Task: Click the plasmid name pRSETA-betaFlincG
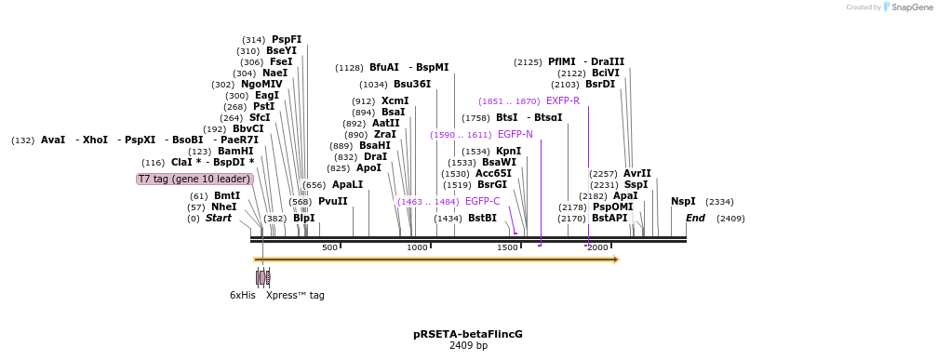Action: click(x=468, y=333)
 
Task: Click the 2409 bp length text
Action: click(x=468, y=345)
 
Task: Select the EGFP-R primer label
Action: click(x=562, y=100)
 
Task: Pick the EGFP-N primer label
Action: click(x=515, y=134)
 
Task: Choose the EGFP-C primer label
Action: click(x=482, y=201)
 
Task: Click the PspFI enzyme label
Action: click(x=287, y=39)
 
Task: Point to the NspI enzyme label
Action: click(x=682, y=201)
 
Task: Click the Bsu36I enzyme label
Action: click(x=412, y=84)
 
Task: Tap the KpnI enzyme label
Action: click(x=508, y=151)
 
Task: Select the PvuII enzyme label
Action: click(x=332, y=201)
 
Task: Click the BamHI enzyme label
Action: click(x=235, y=151)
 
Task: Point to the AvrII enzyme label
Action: click(x=636, y=173)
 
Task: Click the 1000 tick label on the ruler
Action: click(x=417, y=247)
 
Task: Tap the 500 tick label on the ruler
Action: click(x=329, y=247)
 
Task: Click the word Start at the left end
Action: click(x=218, y=218)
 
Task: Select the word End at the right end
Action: click(x=695, y=218)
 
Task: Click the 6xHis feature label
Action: click(x=242, y=295)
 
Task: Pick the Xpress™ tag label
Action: click(x=295, y=295)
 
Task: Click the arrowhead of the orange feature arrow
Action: click(x=616, y=260)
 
